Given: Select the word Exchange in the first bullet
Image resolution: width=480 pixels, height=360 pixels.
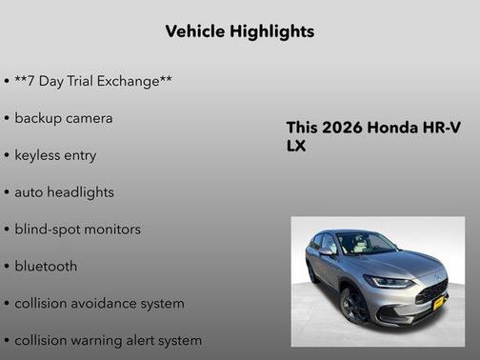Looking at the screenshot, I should pos(130,81).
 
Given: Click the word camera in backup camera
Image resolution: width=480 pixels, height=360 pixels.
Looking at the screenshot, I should pos(89,118).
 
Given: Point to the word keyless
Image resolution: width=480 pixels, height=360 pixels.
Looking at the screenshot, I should pos(36,155).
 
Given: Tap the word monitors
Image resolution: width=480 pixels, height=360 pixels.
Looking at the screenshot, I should pos(110,230).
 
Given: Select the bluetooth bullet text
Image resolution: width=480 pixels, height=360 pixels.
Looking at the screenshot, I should pos(46,267).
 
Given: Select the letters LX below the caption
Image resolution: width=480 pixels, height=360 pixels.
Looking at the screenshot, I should pos(296,147).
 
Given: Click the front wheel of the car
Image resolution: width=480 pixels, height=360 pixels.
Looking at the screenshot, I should pos(352,305).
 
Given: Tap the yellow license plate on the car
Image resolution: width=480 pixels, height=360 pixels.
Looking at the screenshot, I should pos(438,303).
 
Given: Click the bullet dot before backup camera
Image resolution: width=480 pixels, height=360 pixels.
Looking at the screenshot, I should pos(7,119).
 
